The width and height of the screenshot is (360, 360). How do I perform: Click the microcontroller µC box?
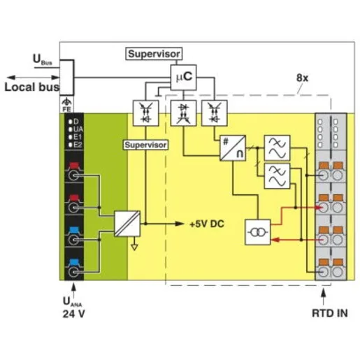tap(183, 78)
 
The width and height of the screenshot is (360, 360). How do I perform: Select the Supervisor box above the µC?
tap(154, 54)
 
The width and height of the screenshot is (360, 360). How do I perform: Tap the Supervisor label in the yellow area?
tap(145, 145)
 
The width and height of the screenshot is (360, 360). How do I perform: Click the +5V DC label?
tap(207, 224)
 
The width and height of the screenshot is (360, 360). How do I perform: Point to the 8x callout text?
tap(302, 78)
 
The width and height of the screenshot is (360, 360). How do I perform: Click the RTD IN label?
tap(329, 313)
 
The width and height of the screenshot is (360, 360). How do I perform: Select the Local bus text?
tap(32, 87)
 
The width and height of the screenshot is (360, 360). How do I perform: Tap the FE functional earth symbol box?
tap(66, 104)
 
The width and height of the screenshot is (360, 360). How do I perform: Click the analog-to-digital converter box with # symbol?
tap(233, 148)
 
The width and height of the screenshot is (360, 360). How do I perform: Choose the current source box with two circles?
tap(258, 232)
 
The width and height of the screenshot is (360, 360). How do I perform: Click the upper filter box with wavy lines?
tap(277, 147)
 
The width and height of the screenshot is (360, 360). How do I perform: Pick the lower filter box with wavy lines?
tap(277, 176)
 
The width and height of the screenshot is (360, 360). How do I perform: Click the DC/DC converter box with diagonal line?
tap(127, 224)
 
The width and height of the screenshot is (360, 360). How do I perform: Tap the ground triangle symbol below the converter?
tap(134, 247)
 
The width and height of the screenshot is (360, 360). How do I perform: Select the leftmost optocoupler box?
tap(145, 113)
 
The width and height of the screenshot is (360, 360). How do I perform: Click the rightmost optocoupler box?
tap(215, 113)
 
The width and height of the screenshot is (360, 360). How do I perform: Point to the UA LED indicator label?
tap(78, 129)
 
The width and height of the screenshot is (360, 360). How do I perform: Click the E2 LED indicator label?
tap(78, 145)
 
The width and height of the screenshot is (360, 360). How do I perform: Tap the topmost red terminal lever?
tap(74, 166)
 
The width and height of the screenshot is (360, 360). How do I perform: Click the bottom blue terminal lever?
tap(74, 263)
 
